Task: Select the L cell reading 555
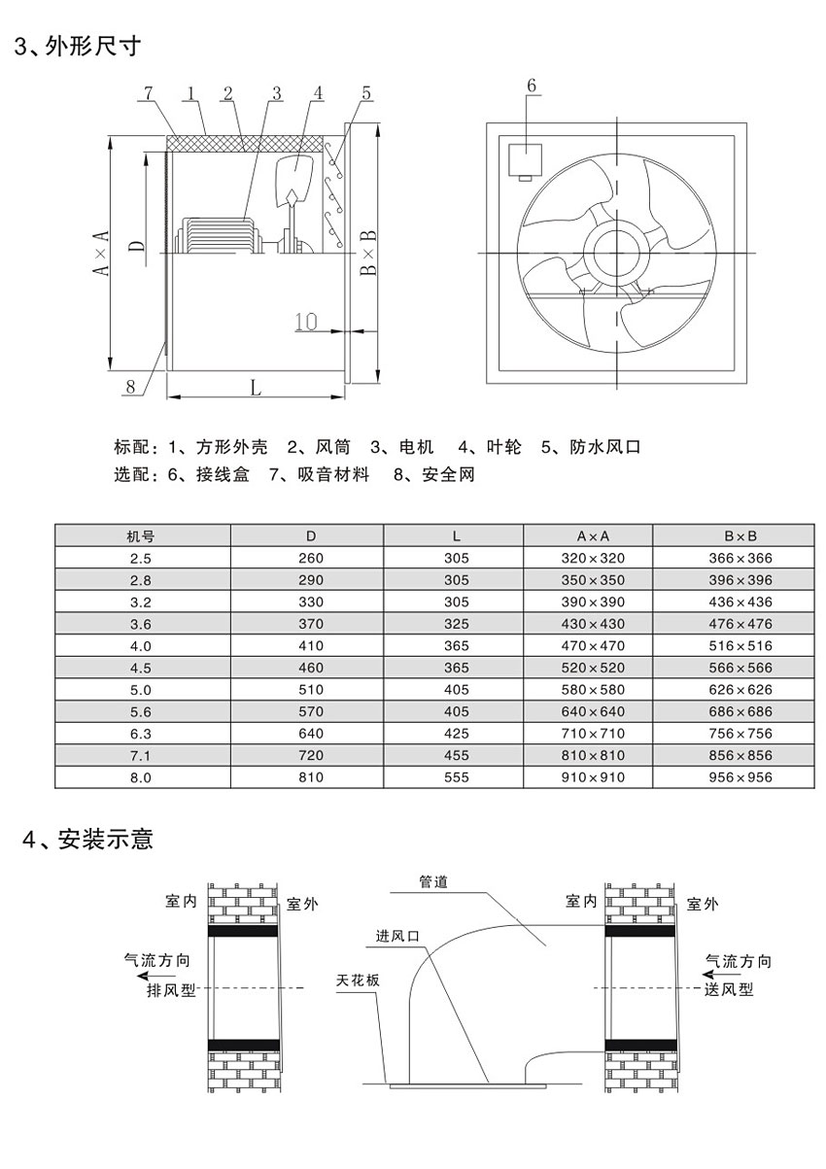point(454,776)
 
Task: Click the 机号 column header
point(142,535)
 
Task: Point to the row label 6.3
point(142,733)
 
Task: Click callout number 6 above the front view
point(532,86)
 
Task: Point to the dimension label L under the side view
point(256,388)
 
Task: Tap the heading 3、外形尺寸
point(77,46)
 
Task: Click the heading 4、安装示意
point(87,838)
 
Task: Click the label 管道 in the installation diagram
point(433,881)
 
